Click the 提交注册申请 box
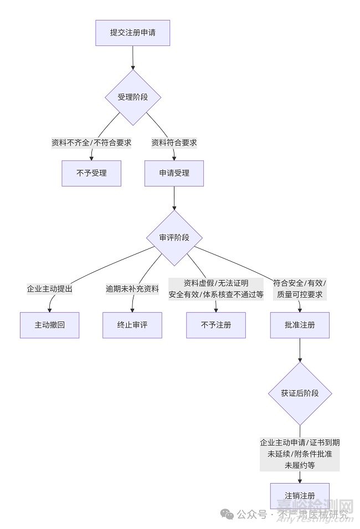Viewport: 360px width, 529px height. pos(132,33)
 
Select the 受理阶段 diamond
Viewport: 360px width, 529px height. pos(133,97)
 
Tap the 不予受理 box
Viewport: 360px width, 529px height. pos(91,173)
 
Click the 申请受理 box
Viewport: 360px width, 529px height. pos(174,173)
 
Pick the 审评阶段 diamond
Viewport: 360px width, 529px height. pos(174,237)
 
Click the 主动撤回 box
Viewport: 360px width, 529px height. pos(50,325)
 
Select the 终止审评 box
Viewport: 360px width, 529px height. pos(132,325)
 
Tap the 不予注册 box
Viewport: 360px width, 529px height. pos(215,325)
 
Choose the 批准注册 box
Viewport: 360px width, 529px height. pos(300,325)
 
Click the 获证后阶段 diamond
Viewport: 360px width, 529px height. pos(300,393)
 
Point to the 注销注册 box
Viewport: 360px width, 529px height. pos(300,495)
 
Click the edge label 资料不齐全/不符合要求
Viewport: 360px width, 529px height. pos(91,142)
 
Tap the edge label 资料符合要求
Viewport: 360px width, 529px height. pos(174,142)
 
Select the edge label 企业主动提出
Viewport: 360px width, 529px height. pos(50,289)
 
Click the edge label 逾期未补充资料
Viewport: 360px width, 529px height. pos(132,289)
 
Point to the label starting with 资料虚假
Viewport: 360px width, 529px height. pos(216,289)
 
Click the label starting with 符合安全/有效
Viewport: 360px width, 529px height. pos(300,289)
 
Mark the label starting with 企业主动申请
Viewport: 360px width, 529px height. pos(300,454)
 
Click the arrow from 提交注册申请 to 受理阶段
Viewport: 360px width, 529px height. pos(133,58)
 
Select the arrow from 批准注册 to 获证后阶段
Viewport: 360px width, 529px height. pos(300,350)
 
